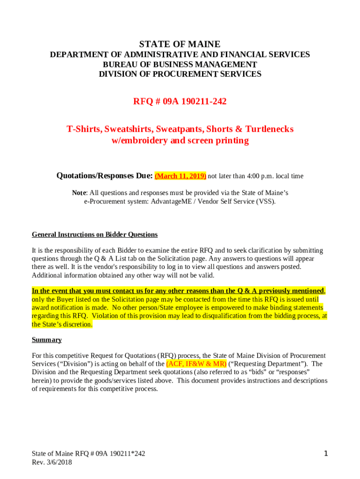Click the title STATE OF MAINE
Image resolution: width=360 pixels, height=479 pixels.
tap(180, 44)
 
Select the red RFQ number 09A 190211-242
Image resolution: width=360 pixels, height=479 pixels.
tap(180, 101)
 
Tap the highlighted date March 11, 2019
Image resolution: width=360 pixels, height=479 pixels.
tap(180, 176)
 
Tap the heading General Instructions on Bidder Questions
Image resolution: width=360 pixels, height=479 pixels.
tap(94, 234)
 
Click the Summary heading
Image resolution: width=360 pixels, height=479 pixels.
tap(46, 340)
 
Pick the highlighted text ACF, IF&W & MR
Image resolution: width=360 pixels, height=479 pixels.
tap(196, 363)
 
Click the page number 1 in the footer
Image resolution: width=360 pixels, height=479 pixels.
tap(326, 453)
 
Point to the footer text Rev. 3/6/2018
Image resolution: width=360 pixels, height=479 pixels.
tap(52, 462)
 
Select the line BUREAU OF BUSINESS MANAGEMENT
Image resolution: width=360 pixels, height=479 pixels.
tap(180, 65)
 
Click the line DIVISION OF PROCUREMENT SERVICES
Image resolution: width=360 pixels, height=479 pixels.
tap(180, 74)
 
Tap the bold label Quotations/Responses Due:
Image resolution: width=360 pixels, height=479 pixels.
tap(104, 176)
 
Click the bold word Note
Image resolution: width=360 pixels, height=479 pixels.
tap(79, 193)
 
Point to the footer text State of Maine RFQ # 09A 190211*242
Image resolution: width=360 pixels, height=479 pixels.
tap(88, 453)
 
